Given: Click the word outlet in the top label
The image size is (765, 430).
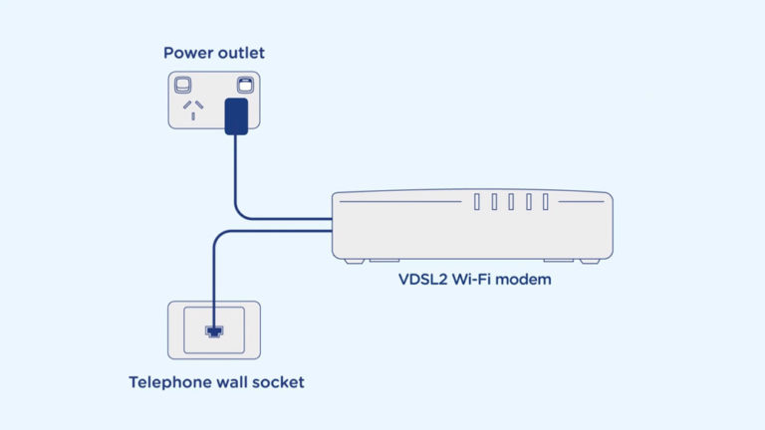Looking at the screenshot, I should [x=240, y=53].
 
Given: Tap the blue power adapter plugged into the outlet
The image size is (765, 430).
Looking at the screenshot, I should [x=236, y=115].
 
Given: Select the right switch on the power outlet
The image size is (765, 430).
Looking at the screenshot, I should [x=243, y=85].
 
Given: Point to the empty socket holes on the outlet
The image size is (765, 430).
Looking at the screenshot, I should [x=189, y=107].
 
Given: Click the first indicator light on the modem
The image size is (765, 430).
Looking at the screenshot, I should [x=478, y=202].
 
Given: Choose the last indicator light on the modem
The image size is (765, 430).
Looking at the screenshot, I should [x=545, y=202].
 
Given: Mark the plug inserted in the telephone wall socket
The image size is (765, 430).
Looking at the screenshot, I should [x=211, y=329].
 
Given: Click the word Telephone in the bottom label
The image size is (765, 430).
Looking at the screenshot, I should [x=170, y=382].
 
